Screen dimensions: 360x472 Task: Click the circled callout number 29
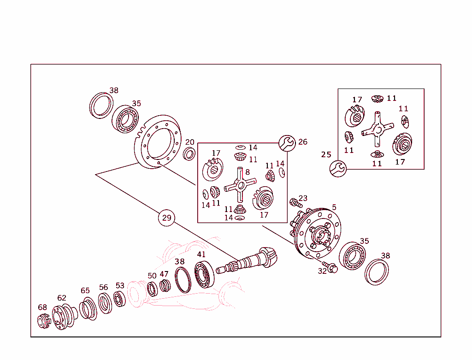(x=166, y=218)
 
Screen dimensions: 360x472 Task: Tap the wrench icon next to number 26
(x=287, y=143)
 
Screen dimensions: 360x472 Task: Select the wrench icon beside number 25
(x=338, y=168)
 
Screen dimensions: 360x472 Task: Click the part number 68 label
(x=42, y=307)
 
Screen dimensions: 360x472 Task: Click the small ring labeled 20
(x=189, y=153)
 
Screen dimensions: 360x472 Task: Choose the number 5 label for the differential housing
(x=334, y=207)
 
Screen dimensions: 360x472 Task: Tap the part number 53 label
(x=120, y=286)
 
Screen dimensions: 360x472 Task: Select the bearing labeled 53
(x=119, y=300)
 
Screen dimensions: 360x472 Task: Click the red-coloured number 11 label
(x=403, y=109)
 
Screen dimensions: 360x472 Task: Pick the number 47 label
(x=164, y=274)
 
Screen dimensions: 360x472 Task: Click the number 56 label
(x=103, y=288)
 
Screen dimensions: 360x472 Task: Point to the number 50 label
(x=152, y=276)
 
